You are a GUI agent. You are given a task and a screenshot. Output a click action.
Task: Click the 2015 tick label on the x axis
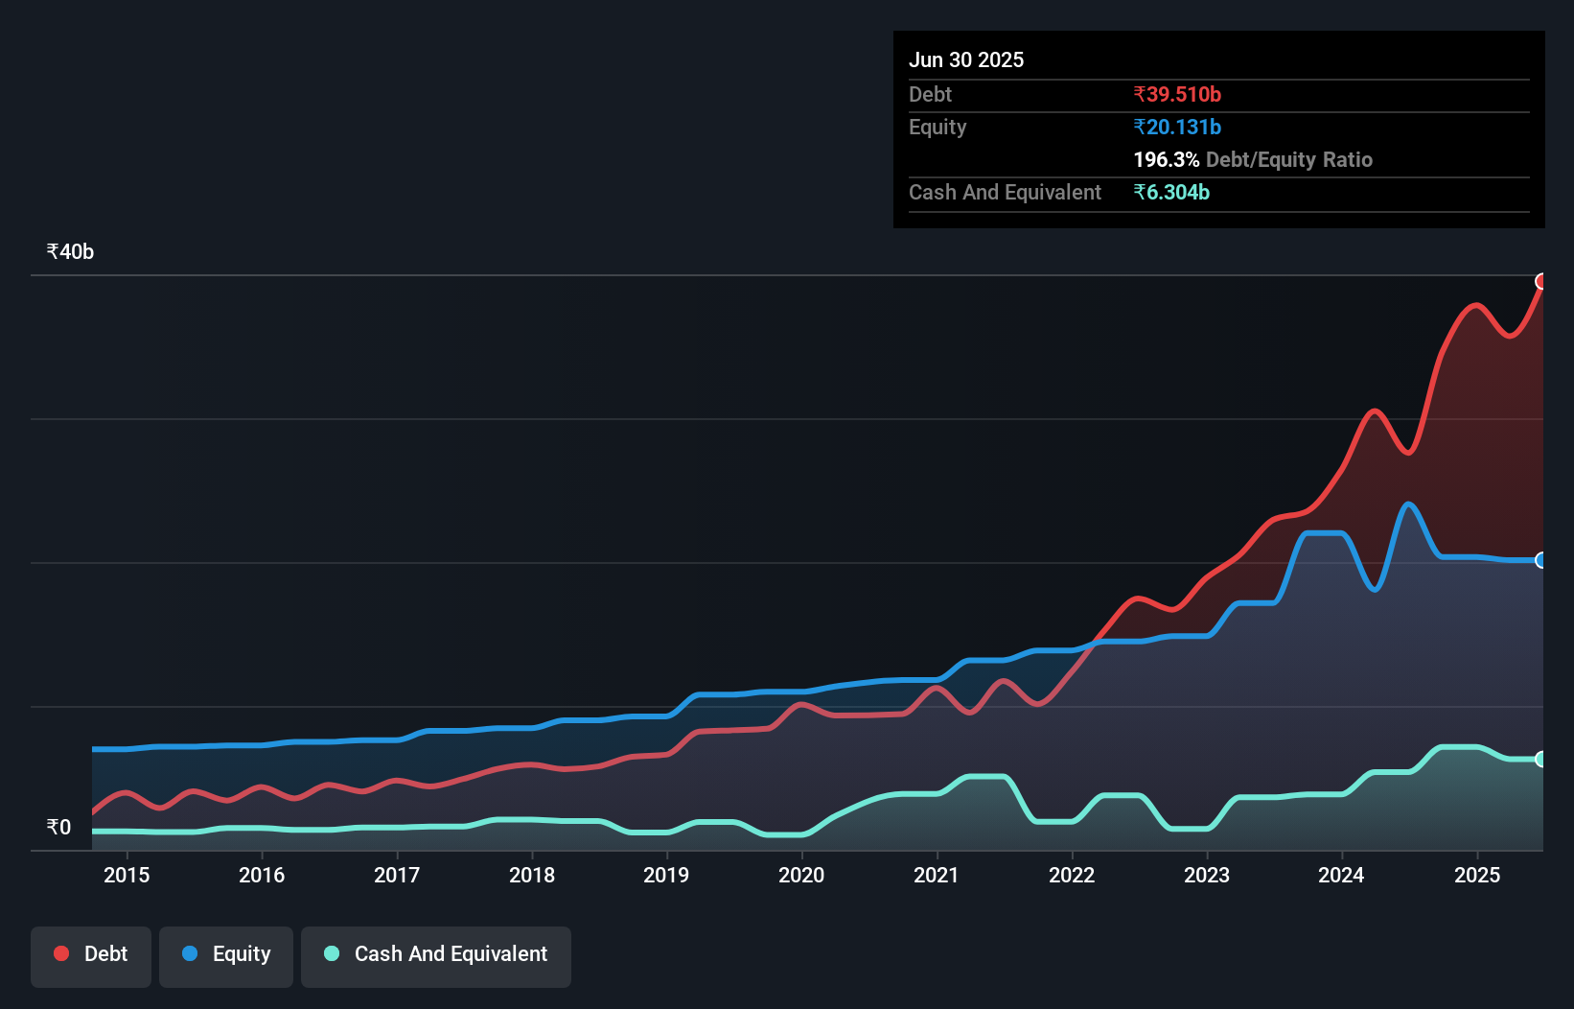point(127,875)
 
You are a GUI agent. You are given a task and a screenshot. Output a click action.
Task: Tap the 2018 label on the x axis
point(532,875)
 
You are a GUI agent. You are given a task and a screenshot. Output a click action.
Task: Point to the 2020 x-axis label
point(801,875)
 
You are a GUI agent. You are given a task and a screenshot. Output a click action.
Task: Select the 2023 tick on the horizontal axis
point(1207,875)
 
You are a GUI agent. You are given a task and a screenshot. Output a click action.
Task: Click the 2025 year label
point(1477,875)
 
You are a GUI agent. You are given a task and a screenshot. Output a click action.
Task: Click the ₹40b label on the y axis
point(70,251)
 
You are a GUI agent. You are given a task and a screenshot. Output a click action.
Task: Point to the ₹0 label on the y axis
point(58,827)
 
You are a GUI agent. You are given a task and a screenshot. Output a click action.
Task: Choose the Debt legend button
point(91,954)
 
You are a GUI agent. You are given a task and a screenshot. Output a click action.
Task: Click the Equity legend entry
point(226,954)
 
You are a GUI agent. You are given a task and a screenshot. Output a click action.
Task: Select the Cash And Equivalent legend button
point(436,954)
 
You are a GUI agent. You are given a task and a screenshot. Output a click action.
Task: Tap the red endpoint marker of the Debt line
point(1541,281)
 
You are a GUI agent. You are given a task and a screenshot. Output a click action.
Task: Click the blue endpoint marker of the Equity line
point(1541,560)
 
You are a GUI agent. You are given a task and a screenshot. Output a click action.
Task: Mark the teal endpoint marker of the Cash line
point(1541,759)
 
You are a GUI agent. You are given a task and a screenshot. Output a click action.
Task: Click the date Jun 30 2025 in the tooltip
point(966,59)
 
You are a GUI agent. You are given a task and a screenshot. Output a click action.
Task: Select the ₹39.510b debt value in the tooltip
point(1177,94)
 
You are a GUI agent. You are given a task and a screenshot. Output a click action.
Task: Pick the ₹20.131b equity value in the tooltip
point(1177,127)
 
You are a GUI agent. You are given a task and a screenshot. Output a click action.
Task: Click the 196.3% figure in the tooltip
point(1166,159)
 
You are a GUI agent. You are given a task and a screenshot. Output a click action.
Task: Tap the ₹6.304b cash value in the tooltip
point(1171,192)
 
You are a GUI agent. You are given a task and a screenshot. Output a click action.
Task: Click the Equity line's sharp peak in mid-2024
point(1407,504)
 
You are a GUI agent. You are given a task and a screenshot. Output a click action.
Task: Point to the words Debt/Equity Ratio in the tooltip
point(1289,159)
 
